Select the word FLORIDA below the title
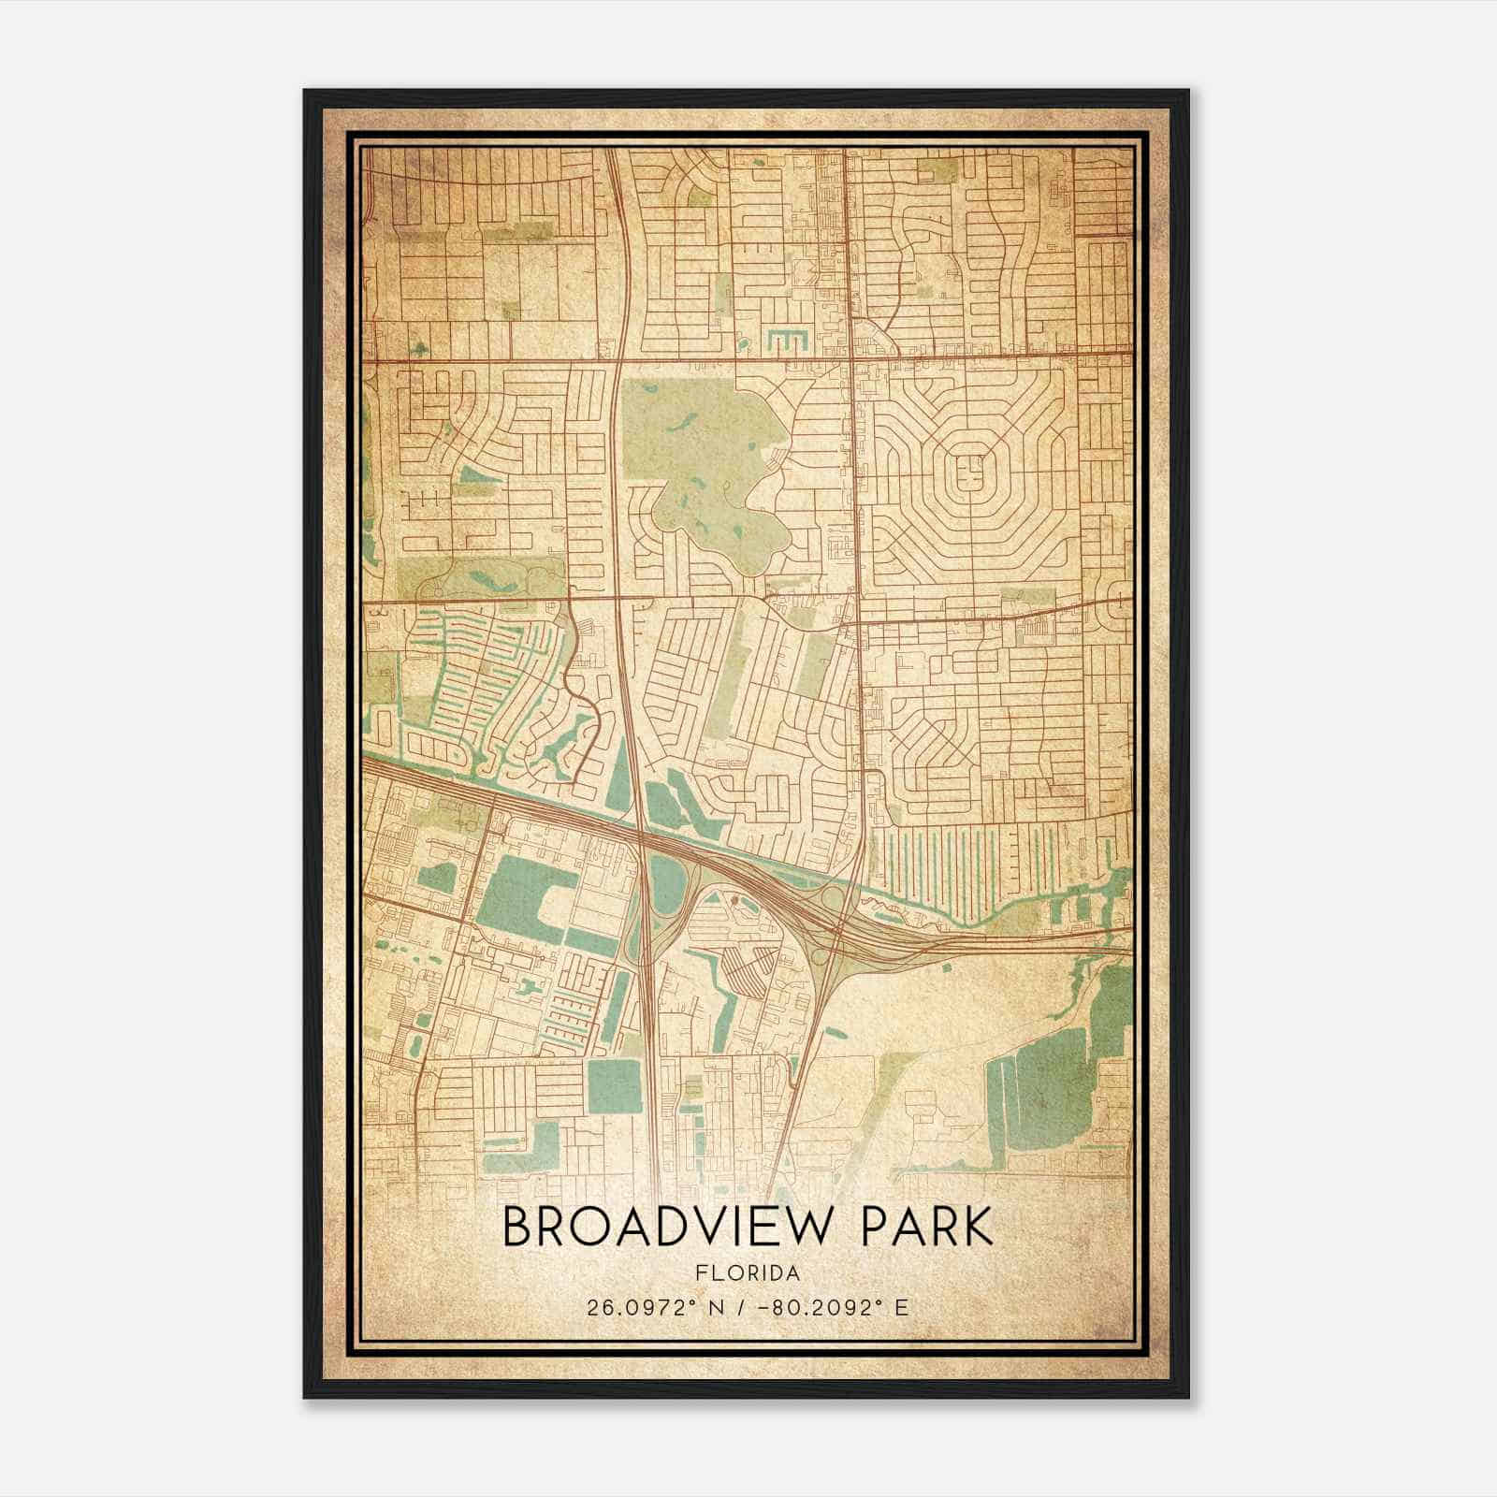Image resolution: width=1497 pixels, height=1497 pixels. click(748, 1273)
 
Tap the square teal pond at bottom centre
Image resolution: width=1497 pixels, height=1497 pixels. click(609, 1086)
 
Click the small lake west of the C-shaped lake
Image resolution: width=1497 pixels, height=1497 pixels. click(437, 878)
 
